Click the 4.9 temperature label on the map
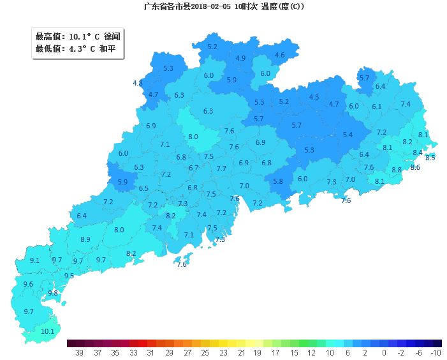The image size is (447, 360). tap(240, 58)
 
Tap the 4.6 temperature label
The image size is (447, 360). tap(279, 55)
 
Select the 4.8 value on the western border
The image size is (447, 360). tap(137, 83)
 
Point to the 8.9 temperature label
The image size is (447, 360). tap(85, 239)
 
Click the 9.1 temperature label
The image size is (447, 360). tap(34, 260)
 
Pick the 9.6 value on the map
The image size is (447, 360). tap(28, 284)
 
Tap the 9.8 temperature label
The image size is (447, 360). tap(53, 293)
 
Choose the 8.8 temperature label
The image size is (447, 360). tap(397, 170)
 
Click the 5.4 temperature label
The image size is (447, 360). tap(348, 135)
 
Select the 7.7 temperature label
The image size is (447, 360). tap(221, 169)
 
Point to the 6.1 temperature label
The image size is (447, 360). tap(376, 107)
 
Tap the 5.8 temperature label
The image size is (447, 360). tap(278, 181)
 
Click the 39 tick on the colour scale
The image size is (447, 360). tap(80, 352)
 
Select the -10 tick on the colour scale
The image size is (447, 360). tap(436, 352)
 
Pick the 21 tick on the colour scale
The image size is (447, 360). tap(242, 352)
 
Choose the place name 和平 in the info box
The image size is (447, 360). tap(107, 49)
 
